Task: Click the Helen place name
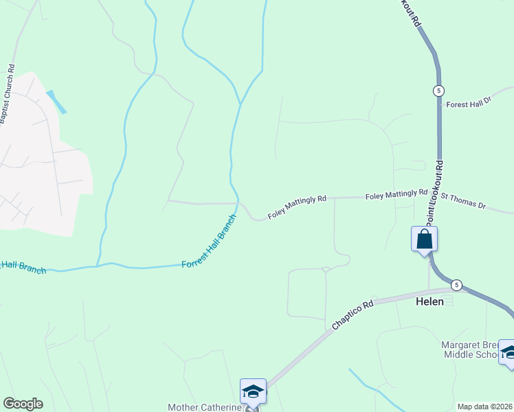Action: pyautogui.click(x=429, y=301)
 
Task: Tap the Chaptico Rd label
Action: pyautogui.click(x=353, y=315)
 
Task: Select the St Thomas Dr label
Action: pyautogui.click(x=463, y=201)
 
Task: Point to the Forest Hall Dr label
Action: pyautogui.click(x=469, y=104)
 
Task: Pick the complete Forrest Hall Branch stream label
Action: pyautogui.click(x=208, y=242)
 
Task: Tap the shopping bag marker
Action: pyautogui.click(x=424, y=240)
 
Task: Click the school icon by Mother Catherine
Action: pyautogui.click(x=252, y=391)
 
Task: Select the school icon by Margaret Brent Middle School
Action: pyautogui.click(x=508, y=352)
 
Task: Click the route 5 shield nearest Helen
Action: pyautogui.click(x=456, y=284)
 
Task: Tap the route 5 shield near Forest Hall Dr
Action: pyautogui.click(x=438, y=91)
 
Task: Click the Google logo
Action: pyautogui.click(x=23, y=404)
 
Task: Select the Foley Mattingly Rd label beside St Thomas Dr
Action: pyautogui.click(x=396, y=195)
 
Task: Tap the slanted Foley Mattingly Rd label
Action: pyautogui.click(x=296, y=207)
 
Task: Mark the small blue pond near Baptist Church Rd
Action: pyautogui.click(x=56, y=101)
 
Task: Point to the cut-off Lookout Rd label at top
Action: pyautogui.click(x=410, y=12)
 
